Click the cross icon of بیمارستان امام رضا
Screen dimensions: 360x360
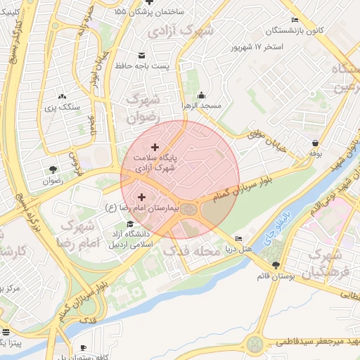(142, 198)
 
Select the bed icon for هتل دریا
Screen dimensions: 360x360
(238, 239)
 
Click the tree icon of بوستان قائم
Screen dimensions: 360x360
(275, 265)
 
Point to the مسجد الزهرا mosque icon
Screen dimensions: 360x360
(202, 96)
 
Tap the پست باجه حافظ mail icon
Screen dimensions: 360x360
(142, 55)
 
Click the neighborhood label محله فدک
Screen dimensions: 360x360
(187, 250)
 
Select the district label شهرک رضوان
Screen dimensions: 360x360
(143, 109)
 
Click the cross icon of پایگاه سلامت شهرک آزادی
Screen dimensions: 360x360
(155, 147)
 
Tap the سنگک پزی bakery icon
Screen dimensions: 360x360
(62, 96)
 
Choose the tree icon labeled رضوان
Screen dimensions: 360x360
(53, 169)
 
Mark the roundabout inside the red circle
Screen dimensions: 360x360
(188, 209)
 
